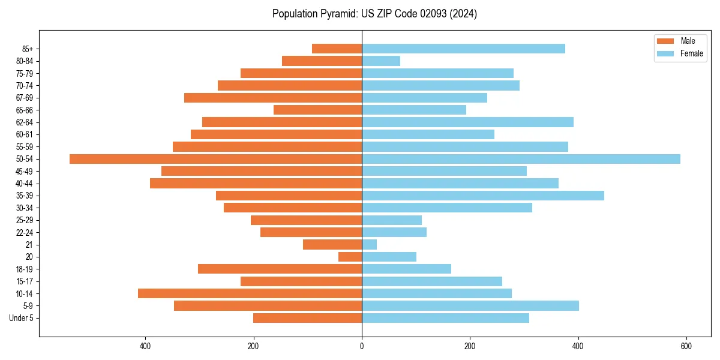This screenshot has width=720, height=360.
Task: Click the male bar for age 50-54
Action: [216, 159]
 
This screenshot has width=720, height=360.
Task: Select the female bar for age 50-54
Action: [521, 159]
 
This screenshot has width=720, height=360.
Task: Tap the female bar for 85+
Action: [463, 49]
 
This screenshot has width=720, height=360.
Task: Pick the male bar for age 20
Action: [350, 257]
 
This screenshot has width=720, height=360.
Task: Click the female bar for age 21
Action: [370, 245]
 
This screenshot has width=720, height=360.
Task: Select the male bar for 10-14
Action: [250, 293]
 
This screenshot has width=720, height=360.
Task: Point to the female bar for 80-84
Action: [381, 61]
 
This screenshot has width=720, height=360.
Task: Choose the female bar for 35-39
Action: [483, 196]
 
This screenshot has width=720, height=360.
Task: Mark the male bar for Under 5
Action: [307, 318]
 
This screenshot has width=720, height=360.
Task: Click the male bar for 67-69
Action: [273, 98]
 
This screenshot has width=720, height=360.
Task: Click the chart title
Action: [374, 14]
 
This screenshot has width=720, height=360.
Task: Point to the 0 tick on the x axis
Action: [362, 346]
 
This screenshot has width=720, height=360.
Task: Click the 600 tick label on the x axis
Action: [686, 346]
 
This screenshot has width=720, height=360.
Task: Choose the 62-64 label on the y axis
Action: [25, 122]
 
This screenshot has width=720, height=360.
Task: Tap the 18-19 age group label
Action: [25, 269]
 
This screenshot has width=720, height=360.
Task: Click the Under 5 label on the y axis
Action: [22, 318]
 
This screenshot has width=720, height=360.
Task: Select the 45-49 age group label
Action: [25, 171]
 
